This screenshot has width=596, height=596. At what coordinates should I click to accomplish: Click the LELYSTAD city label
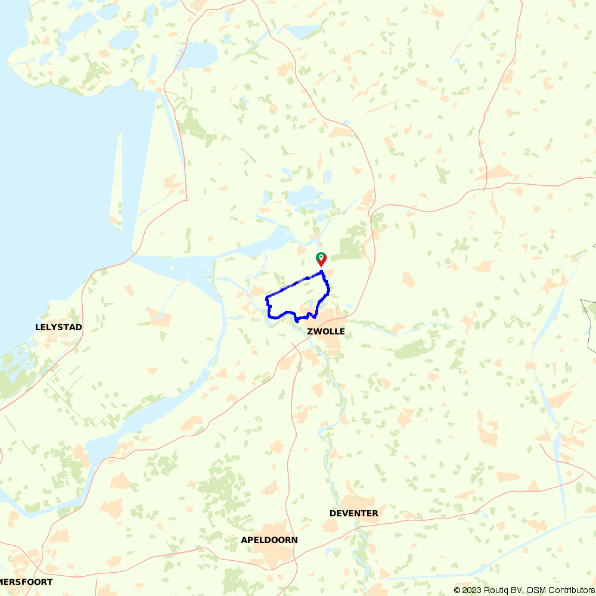click(58, 327)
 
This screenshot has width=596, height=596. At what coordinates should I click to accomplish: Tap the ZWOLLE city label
click(326, 332)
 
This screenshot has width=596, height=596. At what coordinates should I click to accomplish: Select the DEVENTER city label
click(353, 513)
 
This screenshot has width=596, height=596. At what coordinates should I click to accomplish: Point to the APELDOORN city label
click(269, 540)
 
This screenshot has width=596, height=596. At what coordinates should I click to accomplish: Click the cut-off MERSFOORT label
click(26, 582)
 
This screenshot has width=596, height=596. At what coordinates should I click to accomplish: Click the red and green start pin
click(321, 259)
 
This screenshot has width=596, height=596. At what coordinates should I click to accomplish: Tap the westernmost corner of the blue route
click(266, 297)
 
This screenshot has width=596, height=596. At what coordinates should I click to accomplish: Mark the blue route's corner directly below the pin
click(322, 272)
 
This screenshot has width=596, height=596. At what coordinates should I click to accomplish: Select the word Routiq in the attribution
click(496, 590)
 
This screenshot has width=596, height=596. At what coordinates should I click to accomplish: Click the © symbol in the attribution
click(457, 590)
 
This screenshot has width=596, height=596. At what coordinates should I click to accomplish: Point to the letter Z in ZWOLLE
click(311, 332)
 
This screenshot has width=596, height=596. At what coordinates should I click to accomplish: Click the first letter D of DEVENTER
click(333, 513)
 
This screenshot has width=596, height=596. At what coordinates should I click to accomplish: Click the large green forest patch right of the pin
click(350, 248)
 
